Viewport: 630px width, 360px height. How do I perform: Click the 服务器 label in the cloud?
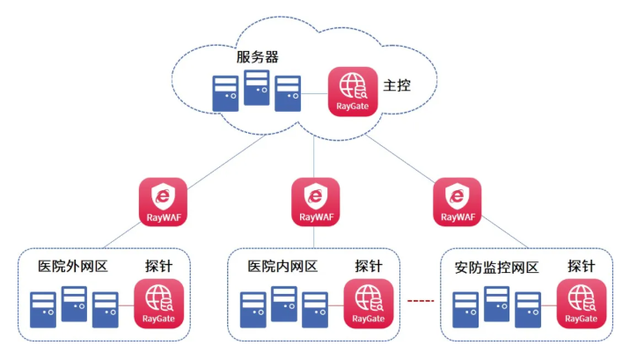pyautogui.click(x=258, y=57)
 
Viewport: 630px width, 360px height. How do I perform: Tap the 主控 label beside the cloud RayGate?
pyautogui.click(x=397, y=86)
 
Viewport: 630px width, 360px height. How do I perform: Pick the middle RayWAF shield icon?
pyautogui.click(x=314, y=200)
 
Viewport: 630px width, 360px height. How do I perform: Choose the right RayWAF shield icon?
pyautogui.click(x=458, y=200)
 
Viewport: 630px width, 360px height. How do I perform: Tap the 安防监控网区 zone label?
pyautogui.click(x=496, y=266)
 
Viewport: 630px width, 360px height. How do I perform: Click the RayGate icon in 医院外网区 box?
pyautogui.click(x=159, y=303)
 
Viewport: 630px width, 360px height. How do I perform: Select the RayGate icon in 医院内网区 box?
pyautogui.click(x=369, y=303)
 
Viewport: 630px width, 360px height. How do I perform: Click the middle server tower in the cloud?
pyautogui.click(x=257, y=86)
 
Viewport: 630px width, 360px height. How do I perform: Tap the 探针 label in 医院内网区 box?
pyautogui.click(x=369, y=266)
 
